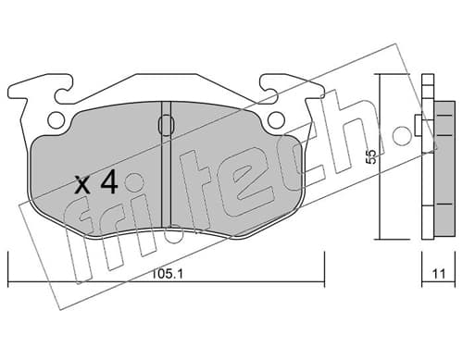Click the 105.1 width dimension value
[168, 274]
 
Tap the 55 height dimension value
[370, 156]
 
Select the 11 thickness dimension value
[439, 274]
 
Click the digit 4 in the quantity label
[109, 182]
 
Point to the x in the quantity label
[83, 185]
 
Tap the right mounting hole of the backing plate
[276, 119]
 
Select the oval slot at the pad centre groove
[167, 125]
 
